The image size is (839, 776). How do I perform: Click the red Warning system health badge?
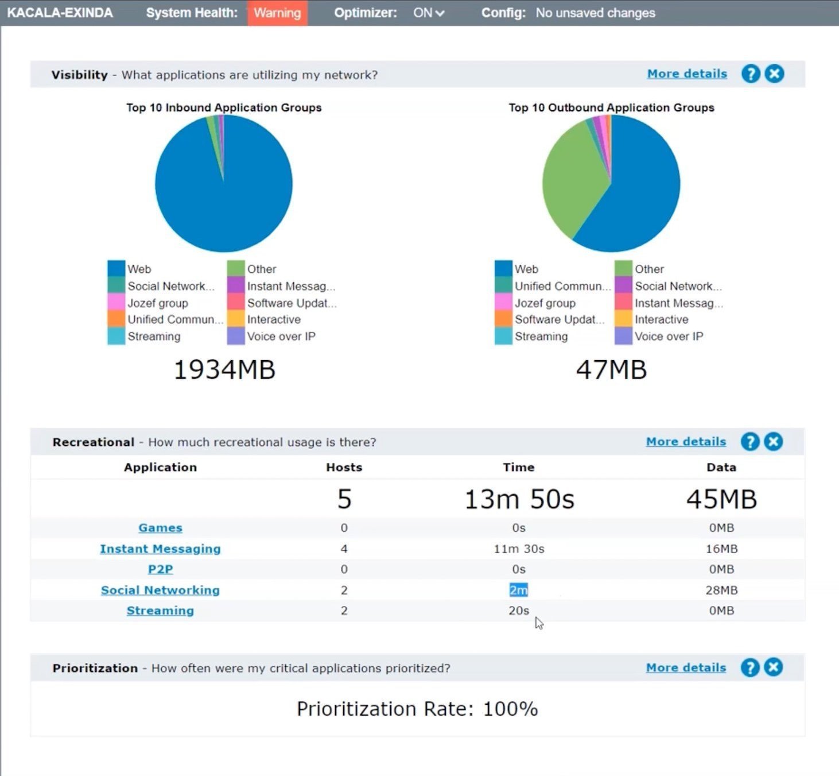[x=277, y=13]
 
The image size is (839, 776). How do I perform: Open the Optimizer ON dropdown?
[x=428, y=13]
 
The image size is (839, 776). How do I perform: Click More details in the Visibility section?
[x=687, y=74]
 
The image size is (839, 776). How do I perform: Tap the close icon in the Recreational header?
[x=774, y=442]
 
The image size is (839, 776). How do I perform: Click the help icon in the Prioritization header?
[x=750, y=667]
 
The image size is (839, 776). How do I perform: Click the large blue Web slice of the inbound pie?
[x=228, y=195]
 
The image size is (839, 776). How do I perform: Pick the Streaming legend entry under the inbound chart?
[x=144, y=336]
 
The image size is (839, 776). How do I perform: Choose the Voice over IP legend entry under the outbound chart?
[x=659, y=336]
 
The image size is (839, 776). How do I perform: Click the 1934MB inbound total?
[x=224, y=369]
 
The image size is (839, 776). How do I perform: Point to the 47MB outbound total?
[x=611, y=369]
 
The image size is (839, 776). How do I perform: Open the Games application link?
[x=160, y=527]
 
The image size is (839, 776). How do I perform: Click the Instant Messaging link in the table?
[x=160, y=549]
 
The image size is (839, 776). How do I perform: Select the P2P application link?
[x=160, y=569]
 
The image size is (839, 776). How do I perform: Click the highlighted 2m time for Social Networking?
[x=518, y=590]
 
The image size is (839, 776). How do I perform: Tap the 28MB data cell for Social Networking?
[x=721, y=590]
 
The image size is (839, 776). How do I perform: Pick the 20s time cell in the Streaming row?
[x=518, y=610]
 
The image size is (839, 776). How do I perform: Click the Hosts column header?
[x=344, y=467]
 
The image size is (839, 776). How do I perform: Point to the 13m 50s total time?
[x=519, y=499]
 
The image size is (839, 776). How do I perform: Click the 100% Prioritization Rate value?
[x=510, y=708]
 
